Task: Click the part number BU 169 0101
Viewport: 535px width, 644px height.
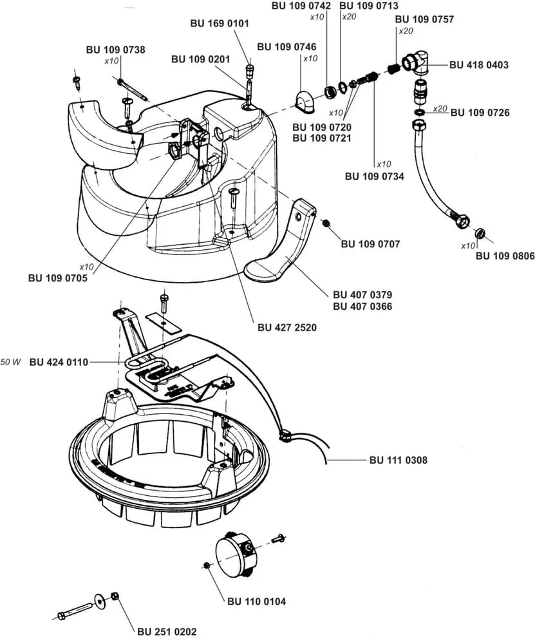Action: [220, 23]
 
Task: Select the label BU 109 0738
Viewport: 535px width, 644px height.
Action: [115, 50]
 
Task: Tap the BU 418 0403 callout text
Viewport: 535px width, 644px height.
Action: [479, 65]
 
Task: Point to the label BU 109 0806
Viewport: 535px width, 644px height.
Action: [505, 256]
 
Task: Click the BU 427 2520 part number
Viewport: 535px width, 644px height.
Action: [287, 327]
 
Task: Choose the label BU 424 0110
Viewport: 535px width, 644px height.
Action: [59, 362]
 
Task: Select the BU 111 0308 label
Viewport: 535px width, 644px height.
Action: [399, 460]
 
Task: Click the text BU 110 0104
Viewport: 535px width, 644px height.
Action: [257, 601]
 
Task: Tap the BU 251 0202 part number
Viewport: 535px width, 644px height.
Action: [167, 632]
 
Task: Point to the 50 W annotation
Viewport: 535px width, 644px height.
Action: [11, 362]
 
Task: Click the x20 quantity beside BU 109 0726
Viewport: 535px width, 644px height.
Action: [440, 109]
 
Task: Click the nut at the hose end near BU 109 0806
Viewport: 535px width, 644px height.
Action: [479, 233]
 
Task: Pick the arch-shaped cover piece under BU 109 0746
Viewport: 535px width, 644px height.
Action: [305, 102]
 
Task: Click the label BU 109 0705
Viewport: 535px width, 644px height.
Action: [58, 278]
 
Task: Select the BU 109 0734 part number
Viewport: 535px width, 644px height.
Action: [375, 176]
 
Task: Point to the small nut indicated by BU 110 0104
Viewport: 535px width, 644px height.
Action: [207, 565]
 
